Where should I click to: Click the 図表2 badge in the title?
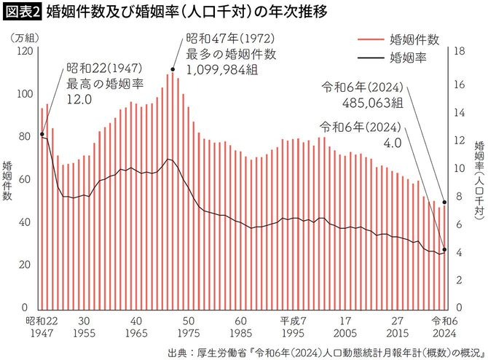coord(22,12)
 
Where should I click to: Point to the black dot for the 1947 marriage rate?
coord(42,135)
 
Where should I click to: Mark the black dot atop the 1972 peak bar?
coord(173,70)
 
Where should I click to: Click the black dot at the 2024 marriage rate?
coord(444,250)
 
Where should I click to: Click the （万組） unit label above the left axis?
coord(25,37)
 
